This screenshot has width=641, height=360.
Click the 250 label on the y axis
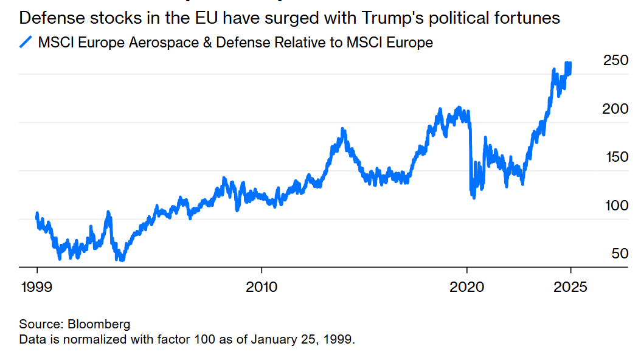click(615, 61)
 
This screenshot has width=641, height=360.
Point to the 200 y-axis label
click(615, 109)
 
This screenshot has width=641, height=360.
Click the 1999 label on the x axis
click(35, 286)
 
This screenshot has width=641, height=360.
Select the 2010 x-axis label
click(262, 286)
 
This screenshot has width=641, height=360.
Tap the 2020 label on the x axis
click(468, 286)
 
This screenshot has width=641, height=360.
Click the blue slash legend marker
click(26, 43)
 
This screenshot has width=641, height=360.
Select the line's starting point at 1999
click(36, 214)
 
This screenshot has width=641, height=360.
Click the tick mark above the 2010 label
click(262, 270)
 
